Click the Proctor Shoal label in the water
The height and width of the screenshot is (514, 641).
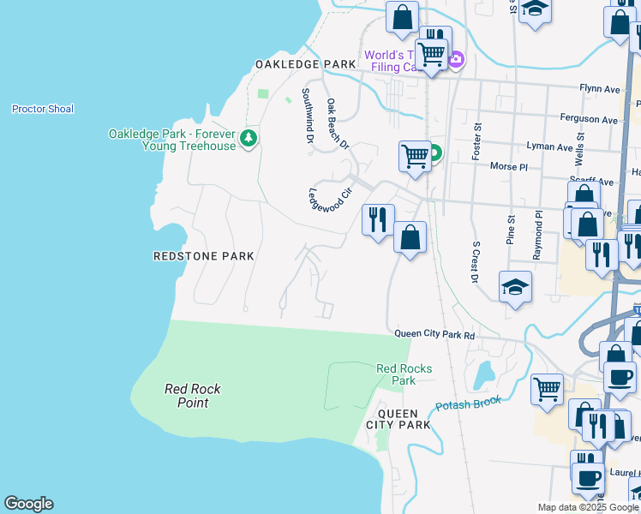coord(43,109)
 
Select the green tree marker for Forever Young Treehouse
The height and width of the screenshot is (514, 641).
coord(249,138)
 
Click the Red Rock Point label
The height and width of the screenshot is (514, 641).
coord(193,396)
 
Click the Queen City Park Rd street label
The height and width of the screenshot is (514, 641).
coord(434,335)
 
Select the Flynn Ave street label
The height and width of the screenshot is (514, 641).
coord(600,87)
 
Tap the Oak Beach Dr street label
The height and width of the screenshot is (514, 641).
coord(338,123)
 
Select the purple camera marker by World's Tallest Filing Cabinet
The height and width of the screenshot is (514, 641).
coord(456,59)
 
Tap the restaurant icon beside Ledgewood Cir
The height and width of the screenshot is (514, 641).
coord(378,220)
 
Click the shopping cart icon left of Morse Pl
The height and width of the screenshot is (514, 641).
coord(415,157)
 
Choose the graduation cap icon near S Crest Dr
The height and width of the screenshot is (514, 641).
coord(515,287)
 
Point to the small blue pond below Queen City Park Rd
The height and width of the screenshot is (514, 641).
coord(485,374)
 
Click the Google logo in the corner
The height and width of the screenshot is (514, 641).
coord(28,504)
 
